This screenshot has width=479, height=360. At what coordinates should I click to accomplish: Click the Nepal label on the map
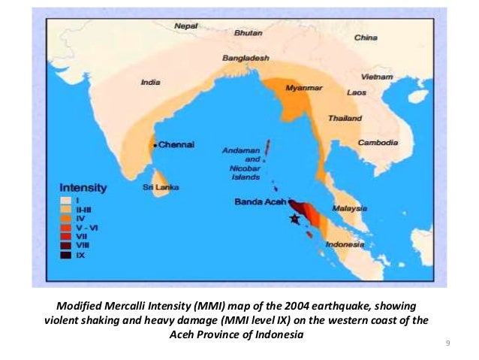coord(185,26)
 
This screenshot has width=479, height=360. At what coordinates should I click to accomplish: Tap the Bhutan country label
coord(248,33)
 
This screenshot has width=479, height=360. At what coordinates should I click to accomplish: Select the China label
coord(366,37)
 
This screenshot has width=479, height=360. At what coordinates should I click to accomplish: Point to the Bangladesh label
coord(245,58)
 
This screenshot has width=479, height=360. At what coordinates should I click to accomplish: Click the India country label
coord(150,83)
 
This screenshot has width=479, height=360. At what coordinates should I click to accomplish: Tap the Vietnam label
coord(376,77)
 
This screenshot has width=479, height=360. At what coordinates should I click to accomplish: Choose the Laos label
coord(356,93)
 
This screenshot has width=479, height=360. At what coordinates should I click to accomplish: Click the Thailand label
coord(345,118)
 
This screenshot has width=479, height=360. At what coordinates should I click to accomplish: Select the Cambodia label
coord(377,143)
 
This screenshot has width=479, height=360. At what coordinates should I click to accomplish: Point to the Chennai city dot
coord(155,144)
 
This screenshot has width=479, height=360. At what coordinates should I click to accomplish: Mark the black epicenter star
coord(294,218)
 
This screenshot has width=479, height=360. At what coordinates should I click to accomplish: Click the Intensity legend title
coord(83,186)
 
